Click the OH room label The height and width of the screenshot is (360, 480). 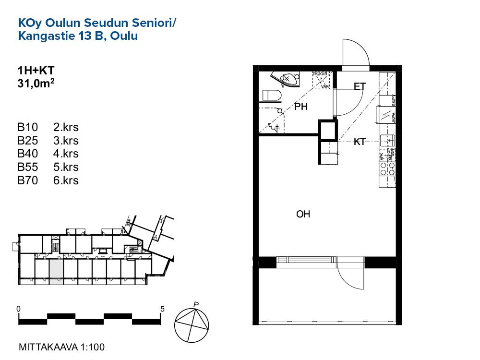(303, 215)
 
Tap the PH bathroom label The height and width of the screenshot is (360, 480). (301, 107)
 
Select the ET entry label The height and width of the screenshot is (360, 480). (360, 87)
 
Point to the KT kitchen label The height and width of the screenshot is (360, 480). (360, 142)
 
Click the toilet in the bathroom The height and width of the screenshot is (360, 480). (272, 96)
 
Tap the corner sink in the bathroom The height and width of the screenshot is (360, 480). (287, 78)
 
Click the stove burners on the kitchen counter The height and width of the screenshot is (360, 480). (387, 168)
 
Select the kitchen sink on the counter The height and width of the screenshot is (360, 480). (387, 141)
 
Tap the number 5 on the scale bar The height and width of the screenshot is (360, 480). (162, 309)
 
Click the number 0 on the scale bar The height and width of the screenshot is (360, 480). (18, 309)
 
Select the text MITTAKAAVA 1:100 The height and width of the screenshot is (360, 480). (61, 347)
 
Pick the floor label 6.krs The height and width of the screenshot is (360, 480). (66, 180)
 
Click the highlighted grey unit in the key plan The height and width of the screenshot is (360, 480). (56, 271)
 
